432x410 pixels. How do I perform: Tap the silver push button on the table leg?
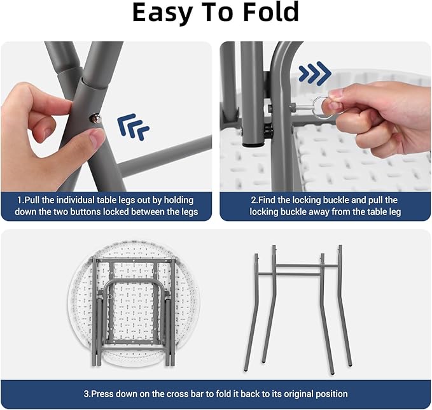(x=95, y=119)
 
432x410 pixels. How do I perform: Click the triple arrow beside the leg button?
(x=133, y=127)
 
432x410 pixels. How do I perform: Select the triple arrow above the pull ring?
(x=315, y=73)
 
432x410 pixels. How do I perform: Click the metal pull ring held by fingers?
(x=323, y=108)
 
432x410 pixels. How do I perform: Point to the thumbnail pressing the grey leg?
(x=97, y=137)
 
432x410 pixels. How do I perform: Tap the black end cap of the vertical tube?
(x=253, y=142)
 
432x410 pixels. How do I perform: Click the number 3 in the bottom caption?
(x=86, y=393)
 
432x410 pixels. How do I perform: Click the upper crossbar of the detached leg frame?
(x=307, y=265)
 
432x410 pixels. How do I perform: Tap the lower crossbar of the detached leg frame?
(x=290, y=274)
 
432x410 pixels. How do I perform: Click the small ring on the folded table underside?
(x=110, y=297)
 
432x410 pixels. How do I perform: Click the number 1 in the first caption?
(x=19, y=200)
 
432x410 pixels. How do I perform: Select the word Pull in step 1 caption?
(x=32, y=200)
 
